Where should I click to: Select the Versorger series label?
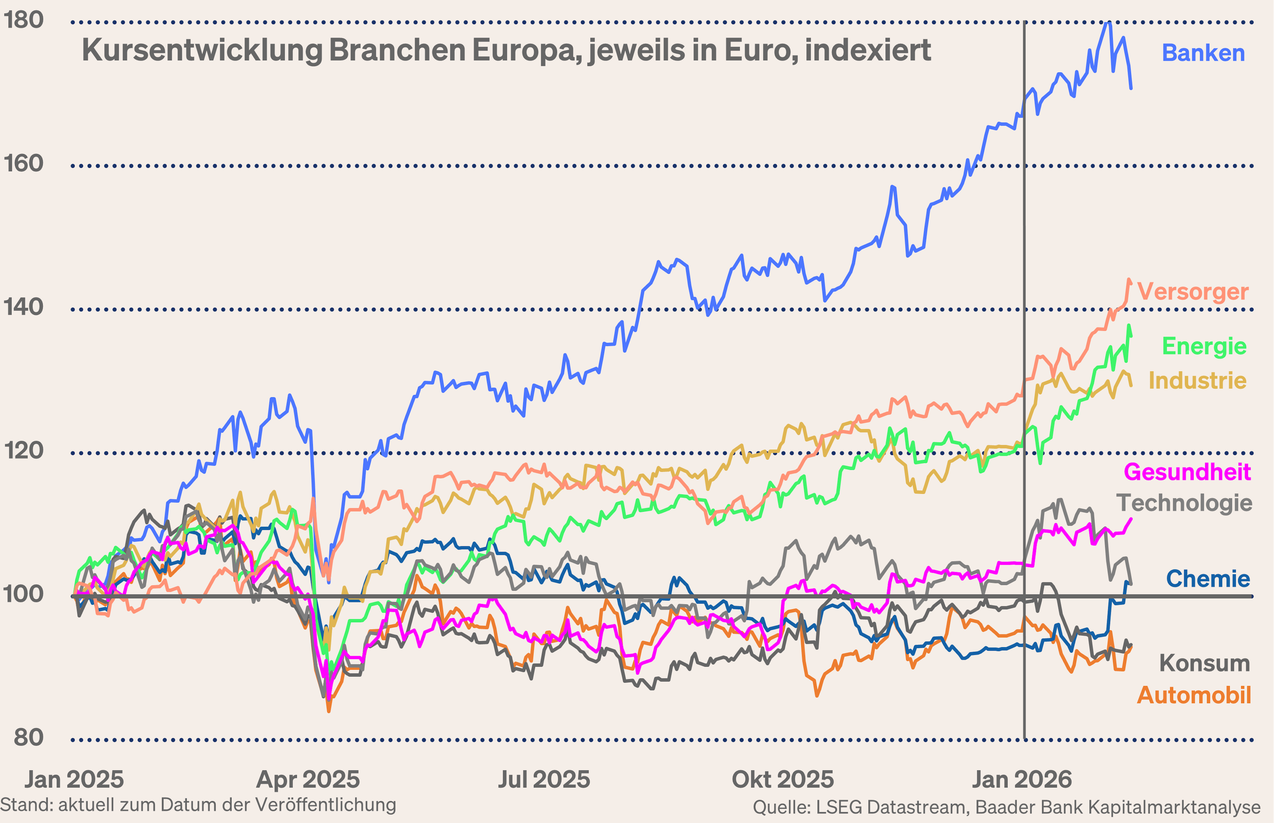[x=1192, y=292]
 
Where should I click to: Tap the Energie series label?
[x=1204, y=346]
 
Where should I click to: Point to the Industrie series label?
[x=1197, y=381]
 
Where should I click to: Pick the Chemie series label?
[x=1208, y=579]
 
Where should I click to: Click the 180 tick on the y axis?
[x=24, y=20]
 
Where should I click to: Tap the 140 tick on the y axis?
[x=24, y=307]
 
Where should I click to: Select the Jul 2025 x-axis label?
[x=544, y=780]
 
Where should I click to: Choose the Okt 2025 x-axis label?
[x=783, y=780]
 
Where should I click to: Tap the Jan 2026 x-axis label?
[x=1021, y=780]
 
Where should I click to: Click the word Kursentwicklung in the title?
[x=202, y=51]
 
